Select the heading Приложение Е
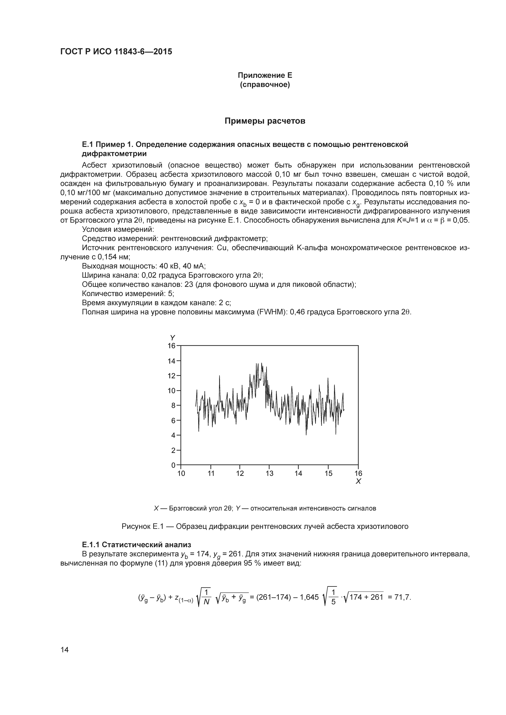[x=265, y=75]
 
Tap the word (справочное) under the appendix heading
[x=265, y=85]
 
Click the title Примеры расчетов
[x=265, y=121]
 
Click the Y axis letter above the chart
[x=172, y=338]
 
